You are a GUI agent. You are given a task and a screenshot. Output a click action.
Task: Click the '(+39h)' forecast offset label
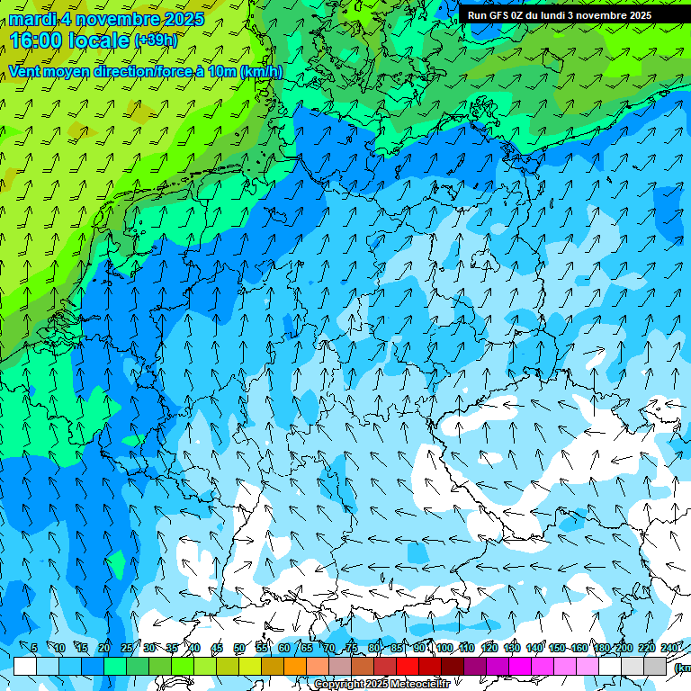pos(156,40)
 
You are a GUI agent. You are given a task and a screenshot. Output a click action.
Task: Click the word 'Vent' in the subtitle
pos(26,72)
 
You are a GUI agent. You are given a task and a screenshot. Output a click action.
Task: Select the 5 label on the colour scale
pos(34,648)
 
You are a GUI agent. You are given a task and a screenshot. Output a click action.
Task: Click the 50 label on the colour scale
pos(239,648)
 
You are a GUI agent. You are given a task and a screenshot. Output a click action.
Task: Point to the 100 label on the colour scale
pos(444,648)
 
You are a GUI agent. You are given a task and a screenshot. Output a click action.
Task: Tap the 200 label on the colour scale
pos(623,648)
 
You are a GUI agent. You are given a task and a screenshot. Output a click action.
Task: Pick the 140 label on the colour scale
pos(534,648)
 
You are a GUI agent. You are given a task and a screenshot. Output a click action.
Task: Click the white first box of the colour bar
pos(25,666)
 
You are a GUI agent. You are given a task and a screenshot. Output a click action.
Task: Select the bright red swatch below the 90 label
pos(408,666)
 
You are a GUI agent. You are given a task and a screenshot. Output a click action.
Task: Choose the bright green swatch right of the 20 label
pos(115,666)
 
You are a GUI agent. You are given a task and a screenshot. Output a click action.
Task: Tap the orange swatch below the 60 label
pos(273,666)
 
